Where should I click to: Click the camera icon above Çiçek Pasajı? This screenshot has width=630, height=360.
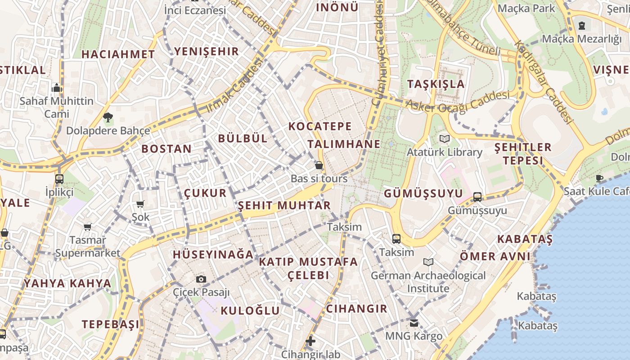click(201, 279)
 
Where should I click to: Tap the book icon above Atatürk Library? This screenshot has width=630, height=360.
click(445, 139)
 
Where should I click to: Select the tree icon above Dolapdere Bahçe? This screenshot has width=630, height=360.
click(108, 118)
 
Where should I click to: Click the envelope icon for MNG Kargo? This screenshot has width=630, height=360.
click(414, 323)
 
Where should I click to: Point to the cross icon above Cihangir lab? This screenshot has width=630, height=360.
click(310, 341)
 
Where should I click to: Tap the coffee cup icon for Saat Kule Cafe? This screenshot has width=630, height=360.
click(599, 178)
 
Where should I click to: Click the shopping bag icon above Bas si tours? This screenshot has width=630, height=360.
click(319, 166)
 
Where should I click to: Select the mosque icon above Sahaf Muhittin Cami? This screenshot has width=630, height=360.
click(57, 88)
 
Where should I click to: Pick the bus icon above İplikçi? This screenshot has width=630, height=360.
click(59, 179)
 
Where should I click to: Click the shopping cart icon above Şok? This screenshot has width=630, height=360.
click(140, 204)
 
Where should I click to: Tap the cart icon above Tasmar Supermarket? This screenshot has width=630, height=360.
click(88, 227)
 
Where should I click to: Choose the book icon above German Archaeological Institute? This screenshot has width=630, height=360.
click(428, 262)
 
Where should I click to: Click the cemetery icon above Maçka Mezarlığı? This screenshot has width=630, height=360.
click(582, 25)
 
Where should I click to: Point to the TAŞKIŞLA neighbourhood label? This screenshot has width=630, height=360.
click(436, 84)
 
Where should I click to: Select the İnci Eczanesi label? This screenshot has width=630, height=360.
click(194, 10)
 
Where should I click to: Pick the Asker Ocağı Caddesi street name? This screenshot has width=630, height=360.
click(458, 101)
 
